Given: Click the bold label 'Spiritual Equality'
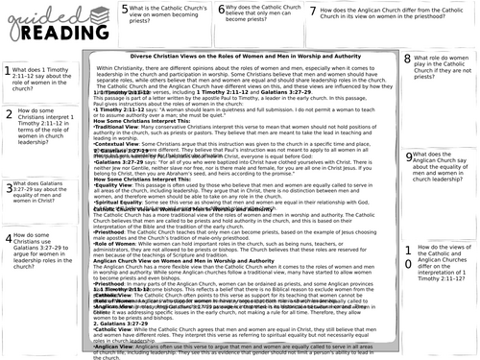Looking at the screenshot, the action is point(119,201).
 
